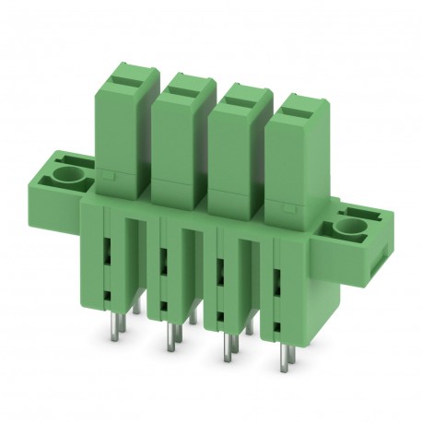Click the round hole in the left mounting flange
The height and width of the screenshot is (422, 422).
(67, 173)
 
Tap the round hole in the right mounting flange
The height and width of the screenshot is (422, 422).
(350, 226)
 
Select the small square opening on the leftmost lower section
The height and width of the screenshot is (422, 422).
(109, 295)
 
